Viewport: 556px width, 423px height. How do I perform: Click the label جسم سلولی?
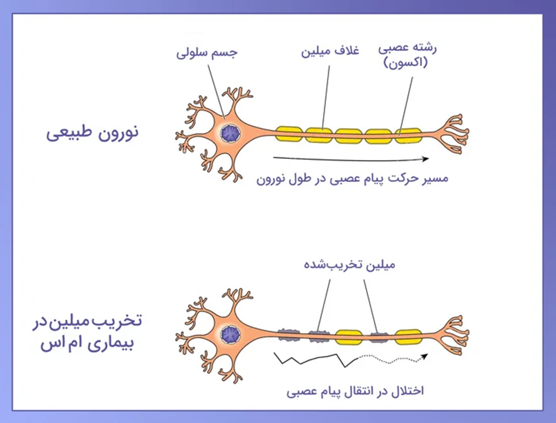coord(207,53)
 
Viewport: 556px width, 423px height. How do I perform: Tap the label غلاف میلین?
coord(330,51)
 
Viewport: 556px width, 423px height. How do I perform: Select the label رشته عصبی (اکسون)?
coord(407,56)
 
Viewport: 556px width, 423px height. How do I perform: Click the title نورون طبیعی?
coord(92,133)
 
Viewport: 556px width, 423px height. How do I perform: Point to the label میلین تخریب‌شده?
coord(349,265)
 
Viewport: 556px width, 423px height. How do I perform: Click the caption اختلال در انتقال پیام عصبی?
coord(355,392)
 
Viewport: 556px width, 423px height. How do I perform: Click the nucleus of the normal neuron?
coord(230,133)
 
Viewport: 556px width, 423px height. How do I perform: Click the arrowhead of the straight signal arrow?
coord(425,159)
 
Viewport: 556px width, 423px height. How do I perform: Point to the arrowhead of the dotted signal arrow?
coord(425,356)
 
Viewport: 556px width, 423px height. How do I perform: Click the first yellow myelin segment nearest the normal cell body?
coord(289,134)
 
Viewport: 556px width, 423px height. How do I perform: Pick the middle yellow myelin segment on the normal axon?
coord(348,136)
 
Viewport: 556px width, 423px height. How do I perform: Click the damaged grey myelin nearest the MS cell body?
coord(289,335)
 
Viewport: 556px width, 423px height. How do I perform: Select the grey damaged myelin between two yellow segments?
coord(379,337)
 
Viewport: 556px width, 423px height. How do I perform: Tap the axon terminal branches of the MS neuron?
coord(454,335)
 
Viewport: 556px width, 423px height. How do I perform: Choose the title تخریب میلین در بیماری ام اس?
coord(87,332)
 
